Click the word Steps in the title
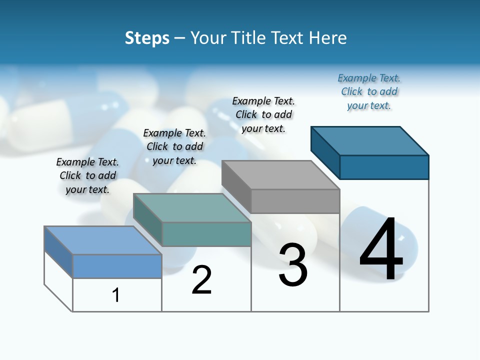point(147,38)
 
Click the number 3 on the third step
point(293,265)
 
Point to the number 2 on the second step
point(202,280)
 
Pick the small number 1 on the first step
point(116,295)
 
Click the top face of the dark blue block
point(370,140)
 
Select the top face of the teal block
point(192,208)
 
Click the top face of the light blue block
point(103,240)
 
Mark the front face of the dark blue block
point(384,167)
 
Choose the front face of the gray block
point(295,201)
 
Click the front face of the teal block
point(206,234)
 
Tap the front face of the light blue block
point(117,266)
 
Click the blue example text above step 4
point(369,92)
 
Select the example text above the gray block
point(264,114)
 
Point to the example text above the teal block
point(174,146)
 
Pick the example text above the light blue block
point(87,175)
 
